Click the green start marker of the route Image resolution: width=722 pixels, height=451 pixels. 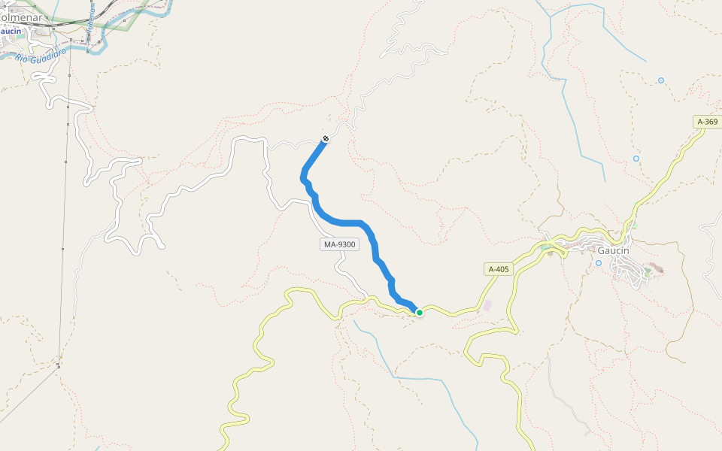coord(420,312)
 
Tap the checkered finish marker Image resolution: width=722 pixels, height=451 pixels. coord(326,138)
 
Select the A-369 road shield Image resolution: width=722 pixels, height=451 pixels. coord(707,122)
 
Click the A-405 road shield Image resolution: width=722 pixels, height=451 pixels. coord(499,269)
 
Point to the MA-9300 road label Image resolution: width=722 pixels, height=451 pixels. coord(339,244)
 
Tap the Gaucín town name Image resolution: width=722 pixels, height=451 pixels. coord(613,251)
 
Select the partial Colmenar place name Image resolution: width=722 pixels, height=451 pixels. coord(20,17)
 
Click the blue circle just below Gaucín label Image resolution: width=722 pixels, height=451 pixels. coord(599,263)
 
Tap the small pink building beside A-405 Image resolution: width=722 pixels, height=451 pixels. coord(486,305)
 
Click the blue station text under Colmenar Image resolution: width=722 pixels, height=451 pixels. coord(11,32)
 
